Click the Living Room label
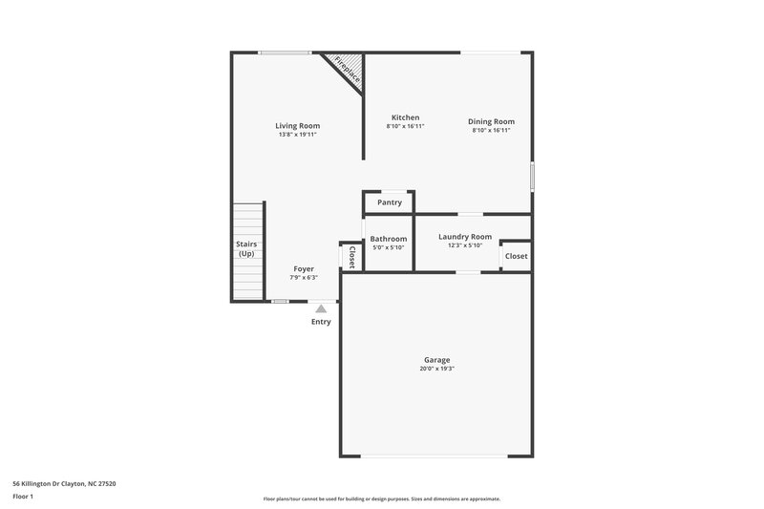[297, 126]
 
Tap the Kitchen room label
[405, 117]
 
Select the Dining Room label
[491, 121]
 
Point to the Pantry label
[389, 202]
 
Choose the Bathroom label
[389, 239]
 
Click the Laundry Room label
[465, 237]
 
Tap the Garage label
[437, 360]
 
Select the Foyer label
[304, 269]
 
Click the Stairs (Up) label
[246, 249]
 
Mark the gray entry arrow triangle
[321, 308]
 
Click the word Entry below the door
[321, 322]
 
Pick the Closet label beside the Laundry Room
[516, 256]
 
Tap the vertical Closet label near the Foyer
[351, 256]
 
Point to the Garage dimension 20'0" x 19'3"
[437, 369]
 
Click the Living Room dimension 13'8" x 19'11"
[297, 135]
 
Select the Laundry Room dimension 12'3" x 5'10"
[465, 245]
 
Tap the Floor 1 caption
[23, 497]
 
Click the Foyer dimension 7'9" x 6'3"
[304, 278]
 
